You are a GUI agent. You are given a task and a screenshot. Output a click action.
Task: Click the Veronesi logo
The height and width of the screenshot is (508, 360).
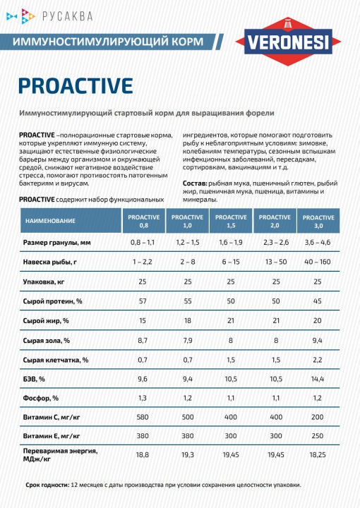pyautogui.click(x=288, y=42)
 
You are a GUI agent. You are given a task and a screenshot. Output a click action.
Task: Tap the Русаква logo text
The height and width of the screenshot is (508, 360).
pyautogui.click(x=67, y=16)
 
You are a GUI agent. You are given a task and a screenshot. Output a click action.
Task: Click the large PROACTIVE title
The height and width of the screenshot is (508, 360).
pyautogui.click(x=76, y=86)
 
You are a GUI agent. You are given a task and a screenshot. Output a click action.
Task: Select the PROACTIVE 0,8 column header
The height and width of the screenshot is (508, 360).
pyautogui.click(x=143, y=221)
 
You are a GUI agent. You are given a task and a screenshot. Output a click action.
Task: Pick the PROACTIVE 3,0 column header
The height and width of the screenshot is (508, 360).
pyautogui.click(x=318, y=222)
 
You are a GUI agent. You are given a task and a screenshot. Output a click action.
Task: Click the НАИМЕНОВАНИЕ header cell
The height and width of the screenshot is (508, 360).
pyautogui.click(x=71, y=221)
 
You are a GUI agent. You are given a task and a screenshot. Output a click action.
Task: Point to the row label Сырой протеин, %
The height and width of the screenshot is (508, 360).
pyautogui.click(x=52, y=301)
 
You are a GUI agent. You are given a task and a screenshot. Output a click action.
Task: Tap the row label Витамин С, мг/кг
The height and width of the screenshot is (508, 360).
pyautogui.click(x=52, y=417)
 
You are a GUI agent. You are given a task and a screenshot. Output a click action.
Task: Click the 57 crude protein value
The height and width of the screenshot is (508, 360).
pyautogui.click(x=143, y=301)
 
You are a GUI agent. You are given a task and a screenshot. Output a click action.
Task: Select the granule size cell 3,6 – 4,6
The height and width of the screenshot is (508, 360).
pyautogui.click(x=318, y=242)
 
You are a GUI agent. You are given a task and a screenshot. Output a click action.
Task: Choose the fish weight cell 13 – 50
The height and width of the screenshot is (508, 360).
pyautogui.click(x=276, y=262)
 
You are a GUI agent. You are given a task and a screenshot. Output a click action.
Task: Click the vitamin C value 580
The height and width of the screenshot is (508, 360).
pyautogui.click(x=143, y=417)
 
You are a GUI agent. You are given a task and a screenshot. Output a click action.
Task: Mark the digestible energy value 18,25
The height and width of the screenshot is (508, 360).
pyautogui.click(x=318, y=455)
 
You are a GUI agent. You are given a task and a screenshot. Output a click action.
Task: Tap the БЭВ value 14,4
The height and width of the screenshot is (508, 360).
pyautogui.click(x=318, y=379)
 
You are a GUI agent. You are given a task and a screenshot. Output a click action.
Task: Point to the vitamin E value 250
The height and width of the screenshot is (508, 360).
pyautogui.click(x=318, y=436)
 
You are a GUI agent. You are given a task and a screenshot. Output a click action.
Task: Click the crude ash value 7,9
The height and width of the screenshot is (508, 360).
pyautogui.click(x=188, y=341)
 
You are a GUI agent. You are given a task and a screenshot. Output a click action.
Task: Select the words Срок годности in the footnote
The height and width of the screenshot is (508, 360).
pyautogui.click(x=47, y=485)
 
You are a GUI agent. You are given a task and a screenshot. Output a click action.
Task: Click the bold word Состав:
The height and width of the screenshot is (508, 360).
pyautogui.click(x=195, y=183)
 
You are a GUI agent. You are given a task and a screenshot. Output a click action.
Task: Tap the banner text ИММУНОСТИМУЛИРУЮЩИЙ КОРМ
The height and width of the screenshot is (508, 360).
pyautogui.click(x=108, y=42)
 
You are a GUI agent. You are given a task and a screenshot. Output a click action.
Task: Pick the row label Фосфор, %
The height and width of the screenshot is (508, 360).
pyautogui.click(x=41, y=398)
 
